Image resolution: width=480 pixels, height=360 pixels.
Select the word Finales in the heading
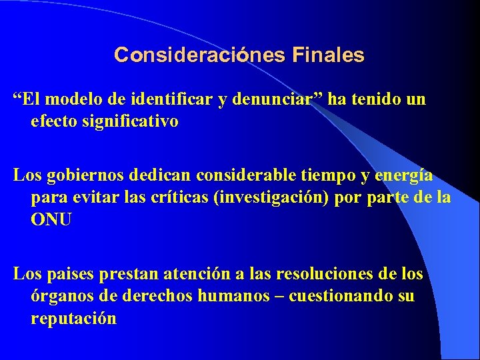[x=327, y=55]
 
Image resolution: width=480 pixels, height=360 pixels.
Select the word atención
[x=212, y=274]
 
